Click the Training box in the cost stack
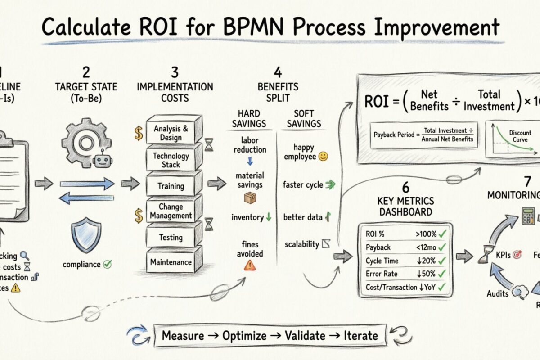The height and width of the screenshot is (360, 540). (x=171, y=185)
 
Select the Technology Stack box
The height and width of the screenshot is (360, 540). (x=171, y=160)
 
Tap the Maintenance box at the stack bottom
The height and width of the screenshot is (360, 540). (x=171, y=262)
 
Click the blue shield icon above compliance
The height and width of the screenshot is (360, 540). (x=87, y=234)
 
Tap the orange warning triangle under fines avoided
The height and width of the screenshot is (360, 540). (x=249, y=265)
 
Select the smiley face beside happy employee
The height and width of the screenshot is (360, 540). (x=323, y=157)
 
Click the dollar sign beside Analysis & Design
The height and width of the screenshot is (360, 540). (x=138, y=132)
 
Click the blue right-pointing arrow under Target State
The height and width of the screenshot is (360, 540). (x=87, y=183)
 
